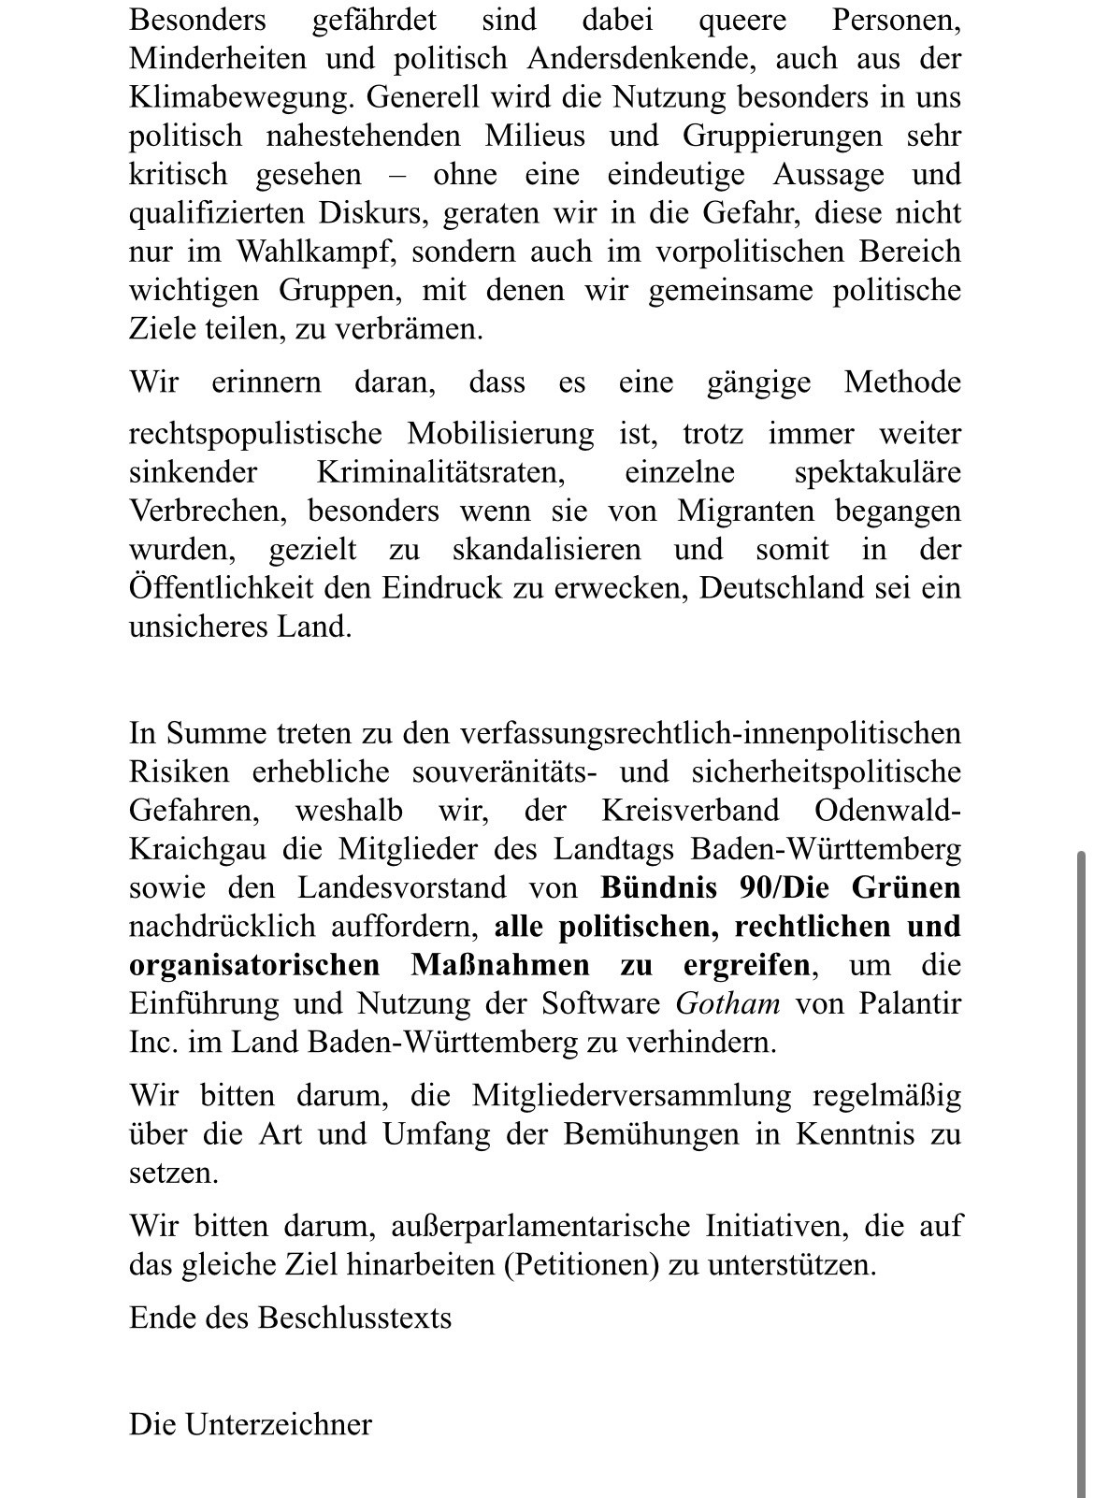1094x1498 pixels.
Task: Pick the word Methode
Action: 902,382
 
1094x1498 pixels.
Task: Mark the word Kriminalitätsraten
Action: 441,472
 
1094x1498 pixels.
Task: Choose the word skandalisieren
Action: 547,550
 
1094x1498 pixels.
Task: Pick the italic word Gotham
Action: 727,1003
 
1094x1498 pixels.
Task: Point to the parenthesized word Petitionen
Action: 586,1265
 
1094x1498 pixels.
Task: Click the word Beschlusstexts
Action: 354,1318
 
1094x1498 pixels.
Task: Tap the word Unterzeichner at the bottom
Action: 279,1424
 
